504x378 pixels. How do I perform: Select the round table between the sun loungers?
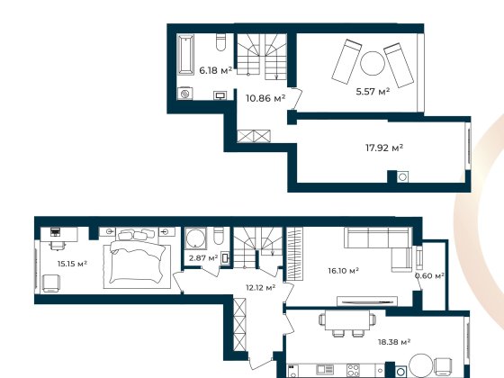point(371,63)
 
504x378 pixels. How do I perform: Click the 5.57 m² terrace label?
point(372,92)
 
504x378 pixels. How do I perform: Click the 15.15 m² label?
point(70,264)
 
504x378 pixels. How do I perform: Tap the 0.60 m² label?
point(429,276)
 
